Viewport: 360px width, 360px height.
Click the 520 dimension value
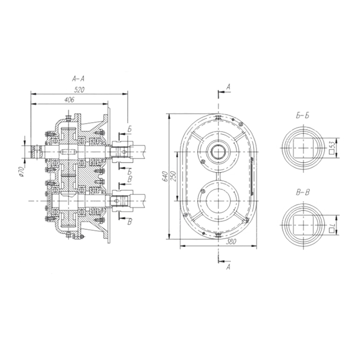[x=79, y=90]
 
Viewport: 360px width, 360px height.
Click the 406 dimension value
[x=69, y=100]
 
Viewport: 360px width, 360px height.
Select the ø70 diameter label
[x=22, y=172]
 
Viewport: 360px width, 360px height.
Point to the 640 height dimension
[x=165, y=177]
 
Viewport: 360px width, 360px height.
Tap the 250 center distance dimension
[x=174, y=176]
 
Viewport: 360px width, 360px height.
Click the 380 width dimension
[x=231, y=242]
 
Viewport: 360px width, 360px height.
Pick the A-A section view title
[x=78, y=79]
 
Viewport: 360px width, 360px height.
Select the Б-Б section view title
[x=302, y=116]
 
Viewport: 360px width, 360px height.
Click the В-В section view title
[x=303, y=192]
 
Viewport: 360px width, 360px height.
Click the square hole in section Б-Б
[x=304, y=148]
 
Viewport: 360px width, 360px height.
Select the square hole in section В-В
[x=304, y=225]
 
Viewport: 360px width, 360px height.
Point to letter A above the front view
[x=228, y=87]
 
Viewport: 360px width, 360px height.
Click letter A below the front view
[x=228, y=267]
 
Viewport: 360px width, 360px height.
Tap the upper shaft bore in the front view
[x=218, y=152]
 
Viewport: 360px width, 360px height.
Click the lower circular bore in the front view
[x=218, y=201]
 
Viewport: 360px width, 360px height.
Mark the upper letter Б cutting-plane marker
[x=129, y=129]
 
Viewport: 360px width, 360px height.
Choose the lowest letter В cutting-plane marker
[x=130, y=222]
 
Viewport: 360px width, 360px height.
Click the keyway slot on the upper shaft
[x=69, y=152]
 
